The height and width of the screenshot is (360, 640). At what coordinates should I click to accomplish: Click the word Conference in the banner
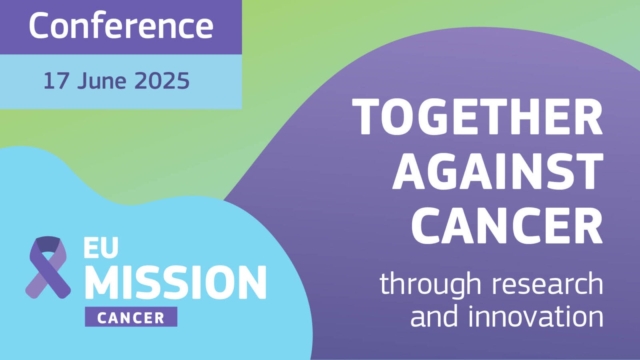click(121, 26)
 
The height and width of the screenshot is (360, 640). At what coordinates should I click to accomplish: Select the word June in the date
click(102, 80)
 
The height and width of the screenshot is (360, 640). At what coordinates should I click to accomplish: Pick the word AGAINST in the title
click(498, 171)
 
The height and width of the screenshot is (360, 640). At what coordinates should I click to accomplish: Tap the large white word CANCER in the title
click(507, 226)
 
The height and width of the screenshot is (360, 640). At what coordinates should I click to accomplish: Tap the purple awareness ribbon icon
click(48, 267)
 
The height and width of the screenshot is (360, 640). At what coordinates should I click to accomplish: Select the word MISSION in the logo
click(176, 282)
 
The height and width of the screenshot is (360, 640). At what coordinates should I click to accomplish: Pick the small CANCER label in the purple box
click(131, 318)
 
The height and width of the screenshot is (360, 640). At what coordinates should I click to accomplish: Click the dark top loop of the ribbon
click(48, 244)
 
